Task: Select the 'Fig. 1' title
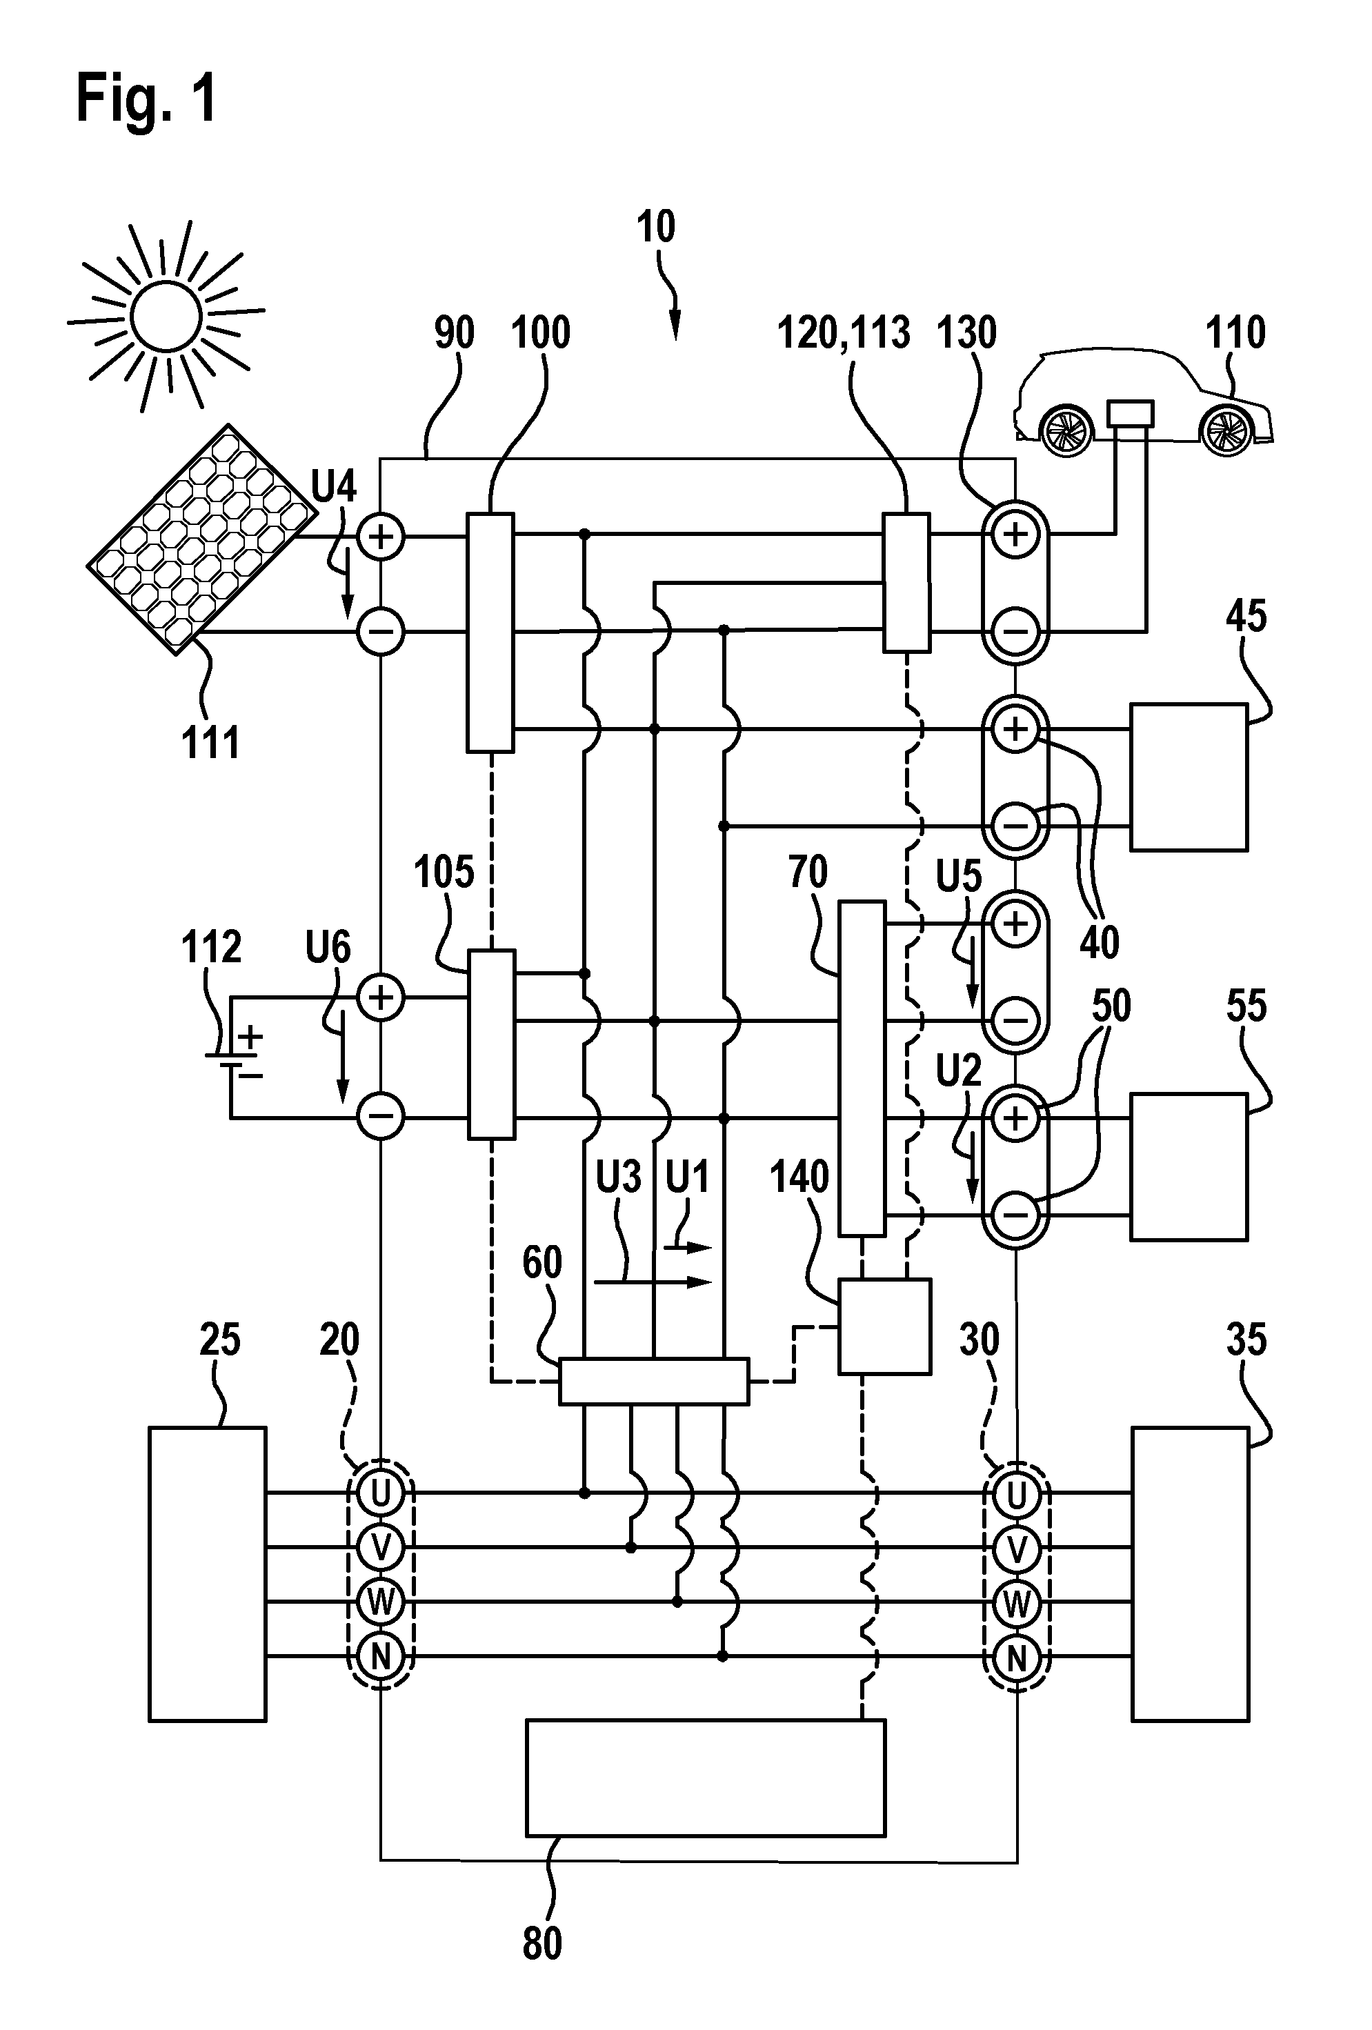pos(147,98)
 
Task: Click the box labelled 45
pos(1189,777)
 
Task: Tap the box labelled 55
pos(1189,1166)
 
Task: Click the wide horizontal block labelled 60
pos(653,1381)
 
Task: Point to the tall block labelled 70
pos(862,1069)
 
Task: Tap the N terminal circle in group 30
pos(1015,1657)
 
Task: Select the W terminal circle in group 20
pos(381,1602)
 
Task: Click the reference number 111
pos(210,744)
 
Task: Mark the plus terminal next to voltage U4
pos(381,537)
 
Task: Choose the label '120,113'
pos(844,332)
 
